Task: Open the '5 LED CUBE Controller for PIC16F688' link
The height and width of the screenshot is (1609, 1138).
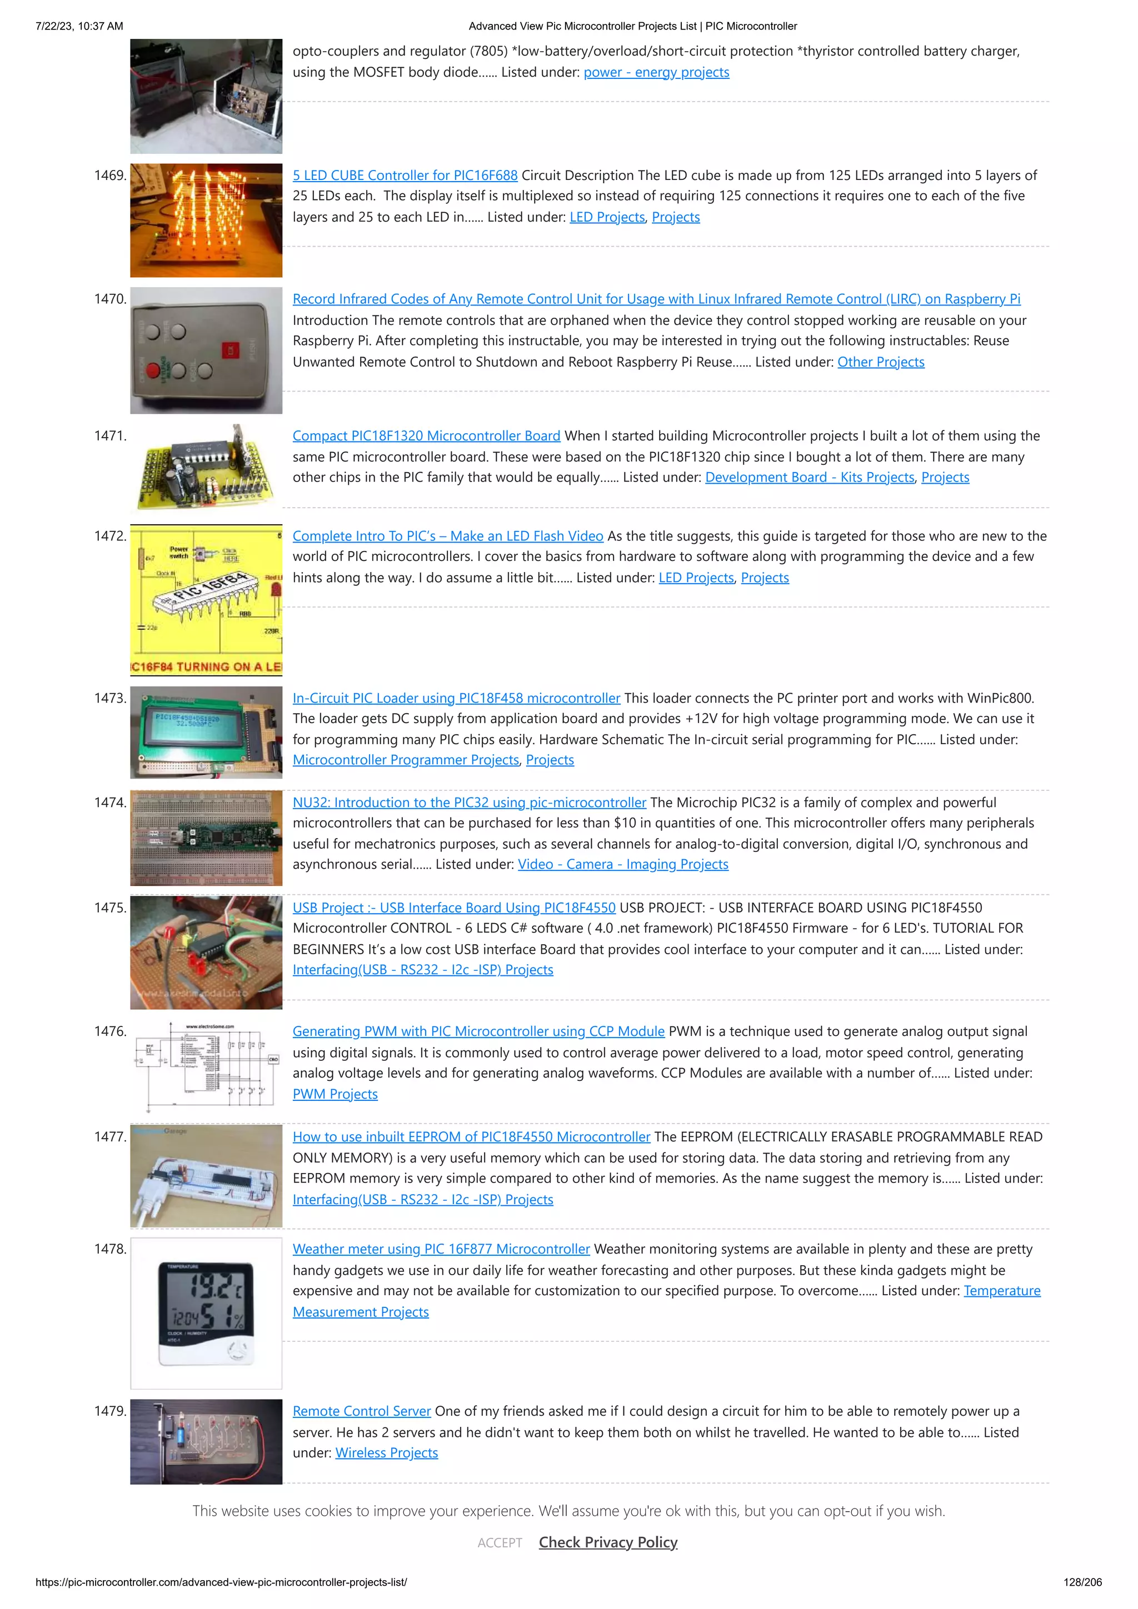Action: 405,175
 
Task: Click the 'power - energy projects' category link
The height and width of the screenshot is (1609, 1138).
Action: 656,72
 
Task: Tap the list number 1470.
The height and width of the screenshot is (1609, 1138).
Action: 110,299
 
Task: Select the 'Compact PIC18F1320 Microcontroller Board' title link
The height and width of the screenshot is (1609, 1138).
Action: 426,436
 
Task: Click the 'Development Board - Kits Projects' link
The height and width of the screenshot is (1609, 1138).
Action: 809,477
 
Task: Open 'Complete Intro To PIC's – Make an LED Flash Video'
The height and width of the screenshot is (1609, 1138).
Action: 447,536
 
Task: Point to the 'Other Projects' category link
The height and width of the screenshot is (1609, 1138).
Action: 881,362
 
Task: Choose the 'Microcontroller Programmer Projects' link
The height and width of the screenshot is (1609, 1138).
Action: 405,760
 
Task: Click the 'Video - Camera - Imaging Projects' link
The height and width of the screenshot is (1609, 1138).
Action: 623,865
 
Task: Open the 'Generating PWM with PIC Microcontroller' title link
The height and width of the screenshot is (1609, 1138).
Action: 478,1031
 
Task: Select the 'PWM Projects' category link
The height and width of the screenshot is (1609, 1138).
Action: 335,1095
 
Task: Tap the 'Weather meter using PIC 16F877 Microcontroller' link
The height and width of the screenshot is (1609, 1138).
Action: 441,1250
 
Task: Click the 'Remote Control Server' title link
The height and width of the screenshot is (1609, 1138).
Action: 361,1411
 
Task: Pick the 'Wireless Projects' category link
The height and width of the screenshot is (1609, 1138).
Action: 386,1453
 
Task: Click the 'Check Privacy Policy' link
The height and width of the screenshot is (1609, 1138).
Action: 608,1542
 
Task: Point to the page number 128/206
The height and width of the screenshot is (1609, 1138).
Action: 1082,1582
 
